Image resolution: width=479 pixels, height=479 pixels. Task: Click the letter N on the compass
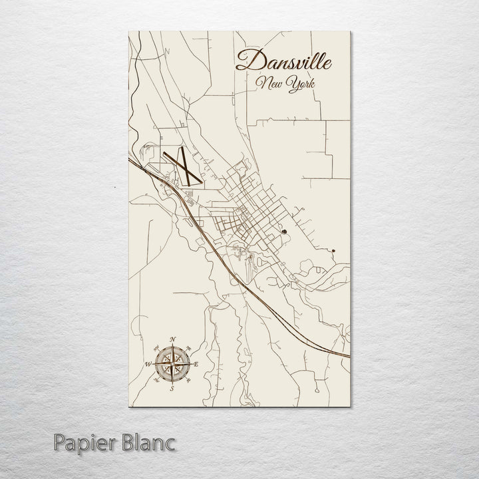coord(173,341)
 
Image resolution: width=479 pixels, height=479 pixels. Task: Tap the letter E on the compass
coord(197,365)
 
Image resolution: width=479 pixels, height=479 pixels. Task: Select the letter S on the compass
coord(172,388)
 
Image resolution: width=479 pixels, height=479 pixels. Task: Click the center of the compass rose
coord(172,364)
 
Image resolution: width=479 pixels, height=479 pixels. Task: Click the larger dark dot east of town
coord(284,232)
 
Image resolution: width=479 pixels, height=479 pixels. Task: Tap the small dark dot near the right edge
coord(333,251)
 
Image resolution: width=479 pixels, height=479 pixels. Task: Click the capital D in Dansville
coord(245,61)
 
